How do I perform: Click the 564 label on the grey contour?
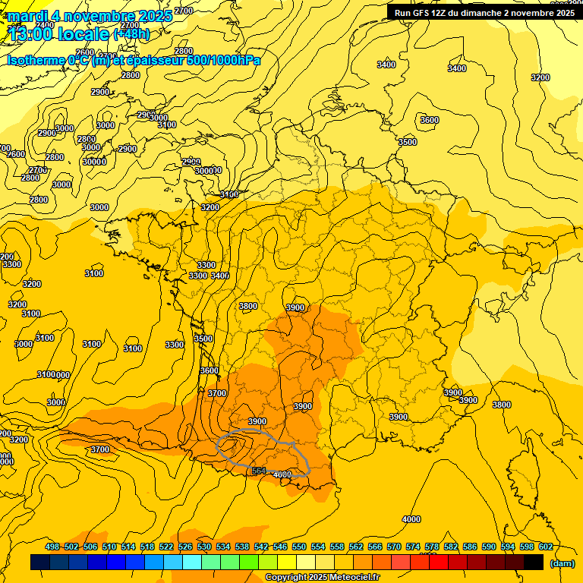point(259,471)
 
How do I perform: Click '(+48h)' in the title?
point(131,34)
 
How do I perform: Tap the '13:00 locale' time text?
point(58,34)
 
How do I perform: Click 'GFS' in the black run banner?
point(419,12)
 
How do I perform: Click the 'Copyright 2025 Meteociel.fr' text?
point(322,578)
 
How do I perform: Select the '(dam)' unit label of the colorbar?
point(561,563)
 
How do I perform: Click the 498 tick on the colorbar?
point(52,547)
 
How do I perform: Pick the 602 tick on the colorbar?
point(546,547)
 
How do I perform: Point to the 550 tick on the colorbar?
point(299,547)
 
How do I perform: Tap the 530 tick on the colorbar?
point(204,547)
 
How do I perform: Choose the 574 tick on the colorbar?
point(413,547)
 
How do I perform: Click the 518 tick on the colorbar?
point(147,547)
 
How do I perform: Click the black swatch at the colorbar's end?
point(534,563)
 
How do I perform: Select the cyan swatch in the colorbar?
point(192,563)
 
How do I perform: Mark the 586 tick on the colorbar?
point(470,547)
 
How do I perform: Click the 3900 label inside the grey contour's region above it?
point(257,421)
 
